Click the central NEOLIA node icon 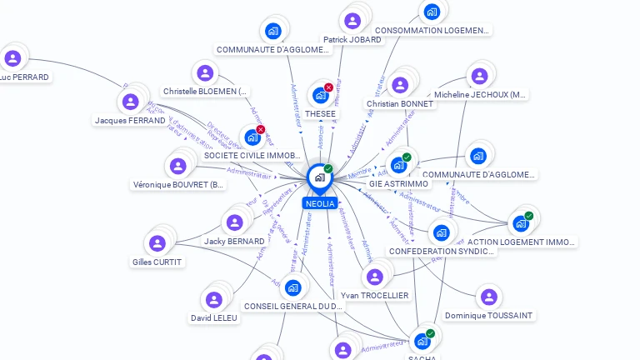[319, 177]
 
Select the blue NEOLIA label [320, 203]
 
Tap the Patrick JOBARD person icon [352, 21]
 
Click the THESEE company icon [320, 95]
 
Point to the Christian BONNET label [400, 104]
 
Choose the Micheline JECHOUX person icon [478, 77]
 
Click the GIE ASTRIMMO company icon [398, 165]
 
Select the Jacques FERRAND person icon [130, 102]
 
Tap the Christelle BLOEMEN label [205, 91]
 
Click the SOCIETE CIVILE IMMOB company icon [252, 137]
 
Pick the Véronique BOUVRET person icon [178, 166]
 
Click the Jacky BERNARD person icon [234, 222]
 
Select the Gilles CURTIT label [157, 262]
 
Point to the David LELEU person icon [214, 300]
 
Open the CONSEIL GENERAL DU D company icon [292, 288]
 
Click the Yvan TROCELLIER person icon [374, 277]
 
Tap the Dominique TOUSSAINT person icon [488, 297]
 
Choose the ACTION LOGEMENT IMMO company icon [521, 223]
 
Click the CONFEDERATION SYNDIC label [442, 251]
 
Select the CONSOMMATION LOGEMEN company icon [432, 12]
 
